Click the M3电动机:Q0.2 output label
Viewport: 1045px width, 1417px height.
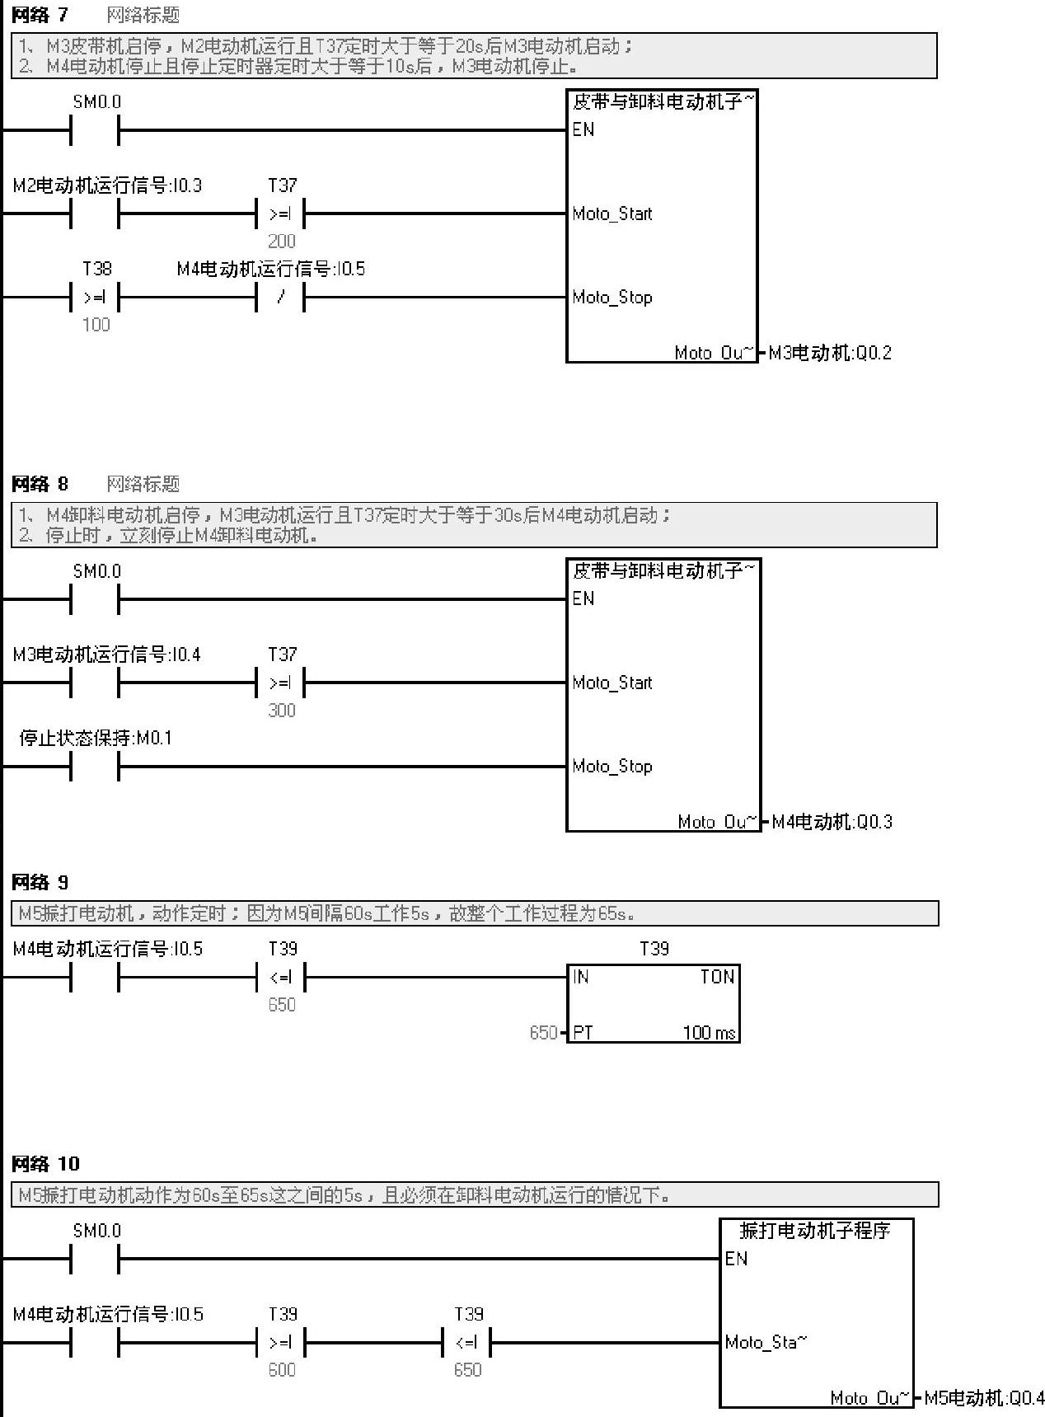(x=829, y=353)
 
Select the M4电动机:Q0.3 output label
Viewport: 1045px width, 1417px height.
(x=832, y=822)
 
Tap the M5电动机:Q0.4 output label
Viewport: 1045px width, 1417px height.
(x=984, y=1398)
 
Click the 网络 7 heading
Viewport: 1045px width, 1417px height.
(x=40, y=15)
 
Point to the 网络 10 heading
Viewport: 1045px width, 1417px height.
(x=45, y=1163)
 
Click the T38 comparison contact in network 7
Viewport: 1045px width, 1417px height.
(x=96, y=297)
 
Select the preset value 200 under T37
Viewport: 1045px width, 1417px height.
(x=281, y=242)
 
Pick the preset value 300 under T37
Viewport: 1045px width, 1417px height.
(x=281, y=711)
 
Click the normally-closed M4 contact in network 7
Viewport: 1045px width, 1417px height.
(x=281, y=297)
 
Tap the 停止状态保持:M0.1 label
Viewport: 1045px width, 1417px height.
(x=96, y=738)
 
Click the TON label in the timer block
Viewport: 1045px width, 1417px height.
(x=716, y=977)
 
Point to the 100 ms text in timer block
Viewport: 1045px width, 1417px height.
(x=709, y=1033)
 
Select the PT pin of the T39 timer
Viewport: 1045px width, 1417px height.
(x=583, y=1033)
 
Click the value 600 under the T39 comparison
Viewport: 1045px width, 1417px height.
(x=281, y=1370)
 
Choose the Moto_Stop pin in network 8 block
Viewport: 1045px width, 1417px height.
(x=612, y=767)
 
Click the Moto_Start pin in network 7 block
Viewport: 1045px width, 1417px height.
(x=612, y=214)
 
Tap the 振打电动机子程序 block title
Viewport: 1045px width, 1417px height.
(x=814, y=1231)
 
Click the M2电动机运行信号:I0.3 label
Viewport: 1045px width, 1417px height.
(x=107, y=185)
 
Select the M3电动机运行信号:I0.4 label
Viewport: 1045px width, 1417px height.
(x=107, y=655)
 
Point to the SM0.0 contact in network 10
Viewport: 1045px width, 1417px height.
(x=96, y=1259)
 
